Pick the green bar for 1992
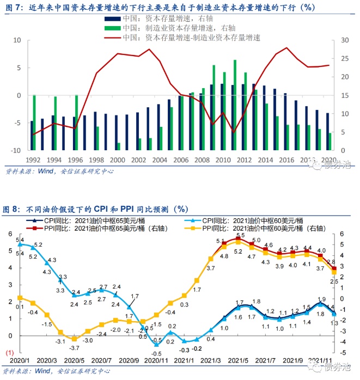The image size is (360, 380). (34, 122)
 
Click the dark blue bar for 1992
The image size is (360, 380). (32, 136)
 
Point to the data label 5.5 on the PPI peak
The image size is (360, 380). (240, 235)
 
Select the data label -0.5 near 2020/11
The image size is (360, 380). (156, 353)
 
